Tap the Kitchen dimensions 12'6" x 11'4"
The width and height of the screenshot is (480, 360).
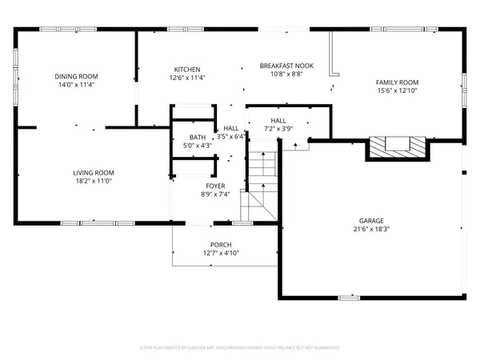click(187, 78)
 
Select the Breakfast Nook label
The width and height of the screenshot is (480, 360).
click(286, 65)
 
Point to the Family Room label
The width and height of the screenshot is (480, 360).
click(398, 82)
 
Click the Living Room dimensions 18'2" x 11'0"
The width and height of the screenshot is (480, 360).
click(94, 182)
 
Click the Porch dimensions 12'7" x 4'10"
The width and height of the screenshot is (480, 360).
click(221, 254)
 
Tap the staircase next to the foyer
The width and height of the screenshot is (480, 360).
click(260, 180)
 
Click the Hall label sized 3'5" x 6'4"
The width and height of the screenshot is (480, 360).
click(231, 128)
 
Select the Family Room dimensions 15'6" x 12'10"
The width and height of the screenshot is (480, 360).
click(398, 91)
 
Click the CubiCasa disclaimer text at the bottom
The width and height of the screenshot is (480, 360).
click(240, 348)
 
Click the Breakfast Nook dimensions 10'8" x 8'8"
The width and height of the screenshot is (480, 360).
click(286, 74)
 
